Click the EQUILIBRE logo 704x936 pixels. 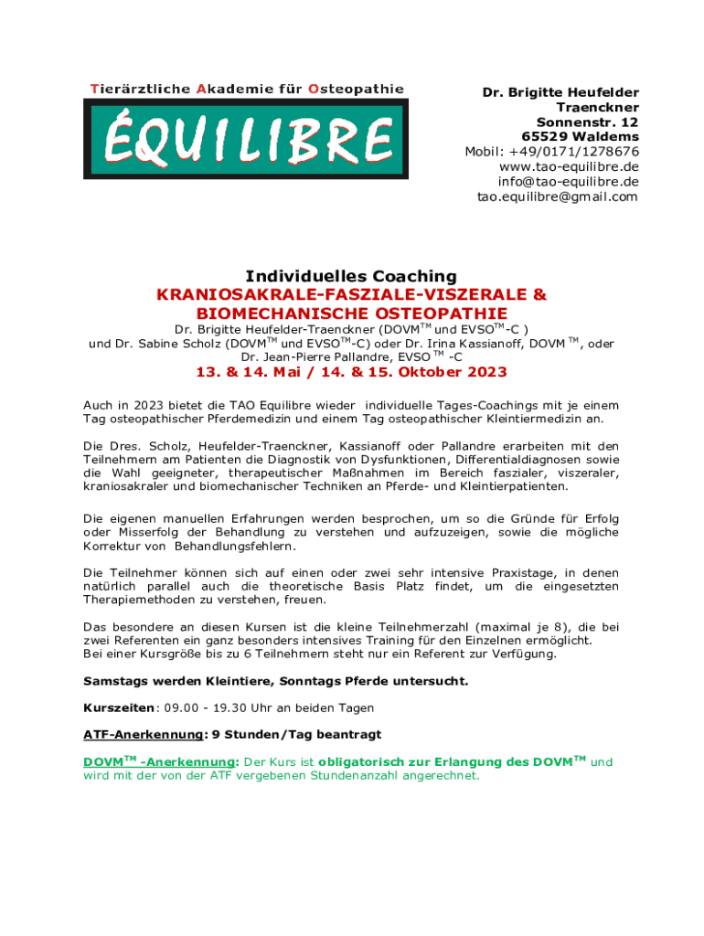point(246,138)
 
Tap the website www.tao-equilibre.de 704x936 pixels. point(569,166)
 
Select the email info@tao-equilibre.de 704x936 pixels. point(569,182)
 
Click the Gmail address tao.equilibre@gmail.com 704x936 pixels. point(557,197)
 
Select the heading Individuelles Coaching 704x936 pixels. point(350,276)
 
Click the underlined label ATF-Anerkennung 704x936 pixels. point(144,734)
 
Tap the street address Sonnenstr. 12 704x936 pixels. point(587,122)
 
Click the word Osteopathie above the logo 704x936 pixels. point(356,89)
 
